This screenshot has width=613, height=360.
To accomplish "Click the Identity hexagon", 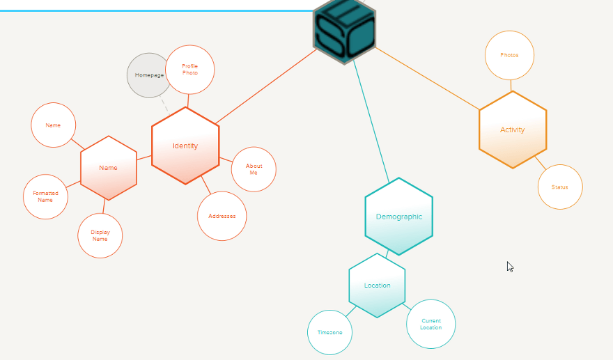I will point(185,146).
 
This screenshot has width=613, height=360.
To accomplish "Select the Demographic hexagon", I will point(398,217).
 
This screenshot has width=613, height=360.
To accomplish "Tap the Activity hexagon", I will point(513,130).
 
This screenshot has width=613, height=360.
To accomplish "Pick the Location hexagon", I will point(377,285).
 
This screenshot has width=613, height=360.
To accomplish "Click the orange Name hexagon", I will point(108,168).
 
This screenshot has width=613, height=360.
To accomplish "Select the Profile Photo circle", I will point(190,70).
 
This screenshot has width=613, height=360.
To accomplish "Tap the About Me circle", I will point(254,169).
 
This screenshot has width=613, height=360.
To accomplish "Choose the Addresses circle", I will point(222,216).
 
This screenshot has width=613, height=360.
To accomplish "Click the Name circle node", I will point(53,125).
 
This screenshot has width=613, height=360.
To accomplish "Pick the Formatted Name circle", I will point(45,196).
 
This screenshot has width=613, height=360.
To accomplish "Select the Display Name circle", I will point(100,235).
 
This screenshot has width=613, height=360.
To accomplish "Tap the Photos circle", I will point(509,55).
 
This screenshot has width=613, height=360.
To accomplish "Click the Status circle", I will point(559,187).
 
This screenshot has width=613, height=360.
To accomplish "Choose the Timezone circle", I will point(329,332).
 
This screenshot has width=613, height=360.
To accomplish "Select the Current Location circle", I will point(430,324).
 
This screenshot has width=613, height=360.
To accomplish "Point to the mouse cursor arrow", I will point(510,266).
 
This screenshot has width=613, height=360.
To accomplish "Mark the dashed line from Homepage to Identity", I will point(164,104).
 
